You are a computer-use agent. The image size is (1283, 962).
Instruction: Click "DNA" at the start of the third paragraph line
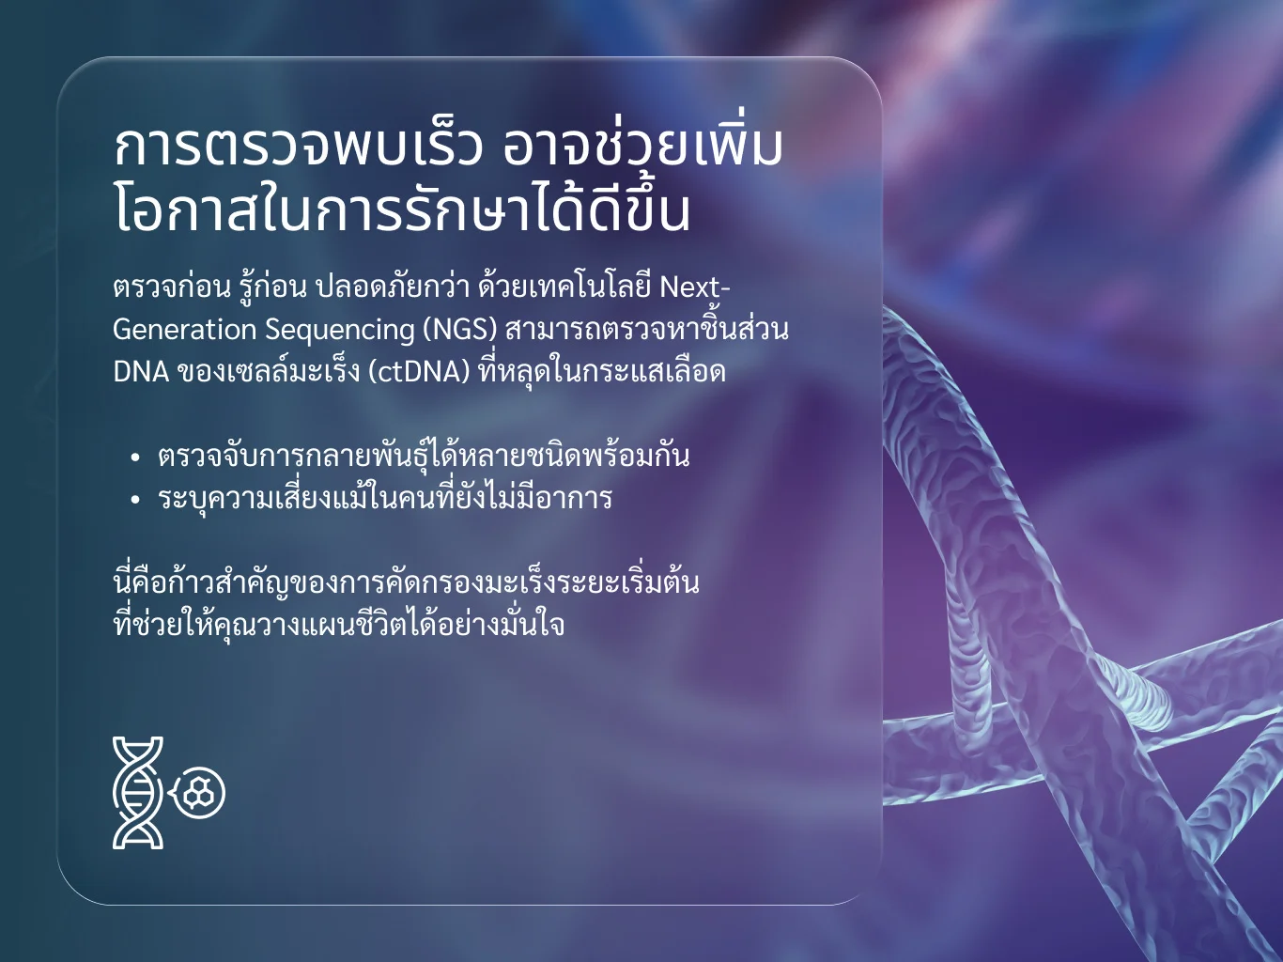tap(140, 372)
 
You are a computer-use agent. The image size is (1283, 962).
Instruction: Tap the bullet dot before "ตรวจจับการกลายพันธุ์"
tap(135, 458)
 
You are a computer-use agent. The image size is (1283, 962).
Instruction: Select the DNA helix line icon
tap(138, 792)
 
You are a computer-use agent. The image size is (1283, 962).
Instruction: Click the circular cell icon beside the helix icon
tap(199, 793)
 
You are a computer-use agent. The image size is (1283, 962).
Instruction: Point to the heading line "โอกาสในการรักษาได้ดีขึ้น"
tap(402, 209)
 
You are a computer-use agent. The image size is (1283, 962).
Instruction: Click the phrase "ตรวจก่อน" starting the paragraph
tap(172, 287)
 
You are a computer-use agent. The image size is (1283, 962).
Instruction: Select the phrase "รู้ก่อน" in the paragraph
tap(273, 287)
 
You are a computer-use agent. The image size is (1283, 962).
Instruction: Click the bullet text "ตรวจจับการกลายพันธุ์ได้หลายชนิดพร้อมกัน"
tap(424, 456)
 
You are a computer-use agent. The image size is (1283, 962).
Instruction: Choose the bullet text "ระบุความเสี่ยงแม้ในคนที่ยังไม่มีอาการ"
tap(384, 497)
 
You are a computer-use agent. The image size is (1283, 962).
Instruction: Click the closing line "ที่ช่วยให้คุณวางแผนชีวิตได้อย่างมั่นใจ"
tap(338, 624)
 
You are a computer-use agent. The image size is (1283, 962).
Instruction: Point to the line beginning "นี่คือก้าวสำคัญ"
tap(406, 582)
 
